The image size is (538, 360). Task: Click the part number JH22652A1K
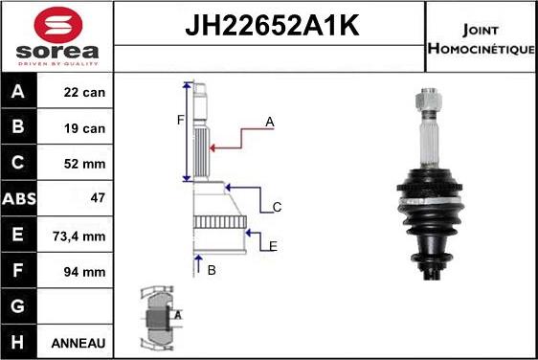point(270,27)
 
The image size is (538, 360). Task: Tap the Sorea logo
point(57,35)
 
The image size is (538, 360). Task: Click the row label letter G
point(18,306)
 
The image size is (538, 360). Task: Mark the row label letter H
point(18,342)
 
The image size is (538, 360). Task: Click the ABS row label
point(19,199)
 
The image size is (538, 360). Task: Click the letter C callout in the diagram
point(276,207)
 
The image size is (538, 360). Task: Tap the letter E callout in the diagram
point(273,246)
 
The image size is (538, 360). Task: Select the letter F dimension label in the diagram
point(178,120)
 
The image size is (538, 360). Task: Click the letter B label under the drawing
point(212,270)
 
